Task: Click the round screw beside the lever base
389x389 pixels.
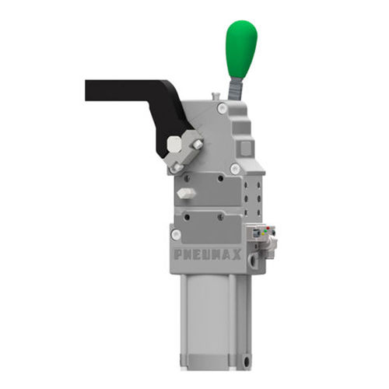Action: pyautogui.click(x=223, y=108)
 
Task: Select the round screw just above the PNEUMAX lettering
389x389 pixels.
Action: pyautogui.click(x=176, y=234)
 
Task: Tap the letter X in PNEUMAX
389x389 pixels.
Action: pyautogui.click(x=238, y=253)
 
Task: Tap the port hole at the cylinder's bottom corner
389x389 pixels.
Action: pyautogui.click(x=246, y=360)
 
